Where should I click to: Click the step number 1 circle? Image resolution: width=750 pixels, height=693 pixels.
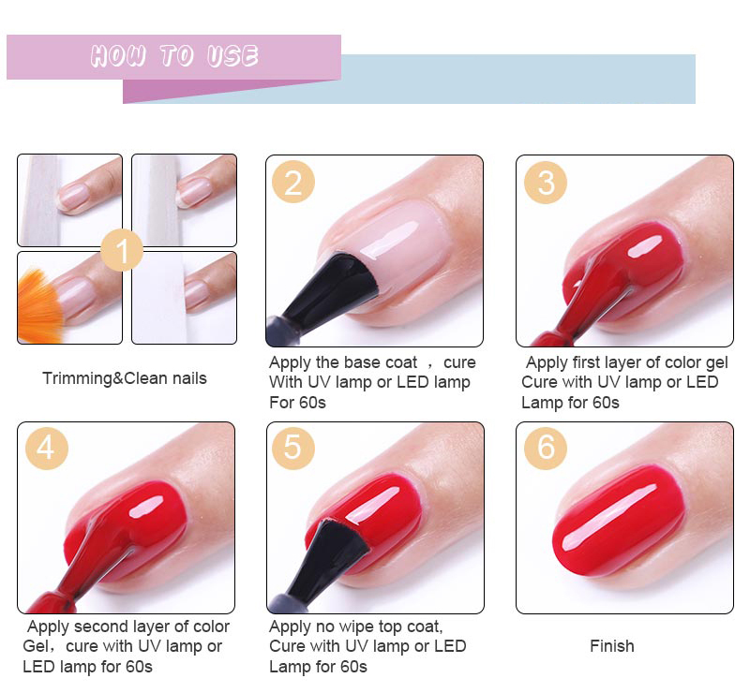pos(122,250)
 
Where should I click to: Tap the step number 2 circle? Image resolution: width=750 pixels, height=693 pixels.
pos(293,182)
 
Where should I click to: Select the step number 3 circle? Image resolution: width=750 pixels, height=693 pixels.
pos(546,182)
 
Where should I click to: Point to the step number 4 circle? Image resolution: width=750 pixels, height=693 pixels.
pos(46,449)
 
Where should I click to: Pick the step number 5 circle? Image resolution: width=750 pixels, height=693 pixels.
pos(293,449)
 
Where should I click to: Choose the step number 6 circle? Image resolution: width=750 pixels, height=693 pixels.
pos(546,449)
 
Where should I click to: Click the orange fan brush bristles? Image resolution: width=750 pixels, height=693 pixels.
pos(39,308)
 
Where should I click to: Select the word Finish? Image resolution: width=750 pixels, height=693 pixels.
pos(612,646)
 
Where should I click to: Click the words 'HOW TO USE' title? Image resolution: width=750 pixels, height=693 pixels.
pos(174,56)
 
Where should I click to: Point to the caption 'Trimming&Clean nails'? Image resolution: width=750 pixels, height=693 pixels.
pos(125,378)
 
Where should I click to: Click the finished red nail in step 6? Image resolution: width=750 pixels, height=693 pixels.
pos(618,521)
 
